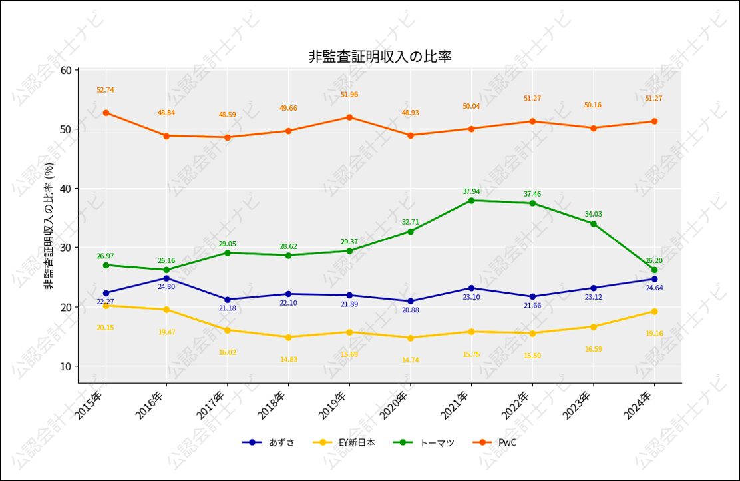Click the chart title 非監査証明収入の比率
pyautogui.click(x=380, y=57)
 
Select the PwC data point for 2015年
pyautogui.click(x=106, y=113)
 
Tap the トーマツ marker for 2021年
pyautogui.click(x=471, y=201)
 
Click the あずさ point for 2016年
pyautogui.click(x=166, y=278)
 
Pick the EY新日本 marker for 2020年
pyautogui.click(x=410, y=338)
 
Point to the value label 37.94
pyautogui.click(x=471, y=191)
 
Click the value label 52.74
pyautogui.click(x=105, y=90)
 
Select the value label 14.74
pyautogui.click(x=410, y=360)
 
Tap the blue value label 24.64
pyautogui.click(x=654, y=288)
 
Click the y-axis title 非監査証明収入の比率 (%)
pyautogui.click(x=49, y=227)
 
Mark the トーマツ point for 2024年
pyautogui.click(x=654, y=270)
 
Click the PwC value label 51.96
pyautogui.click(x=349, y=95)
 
